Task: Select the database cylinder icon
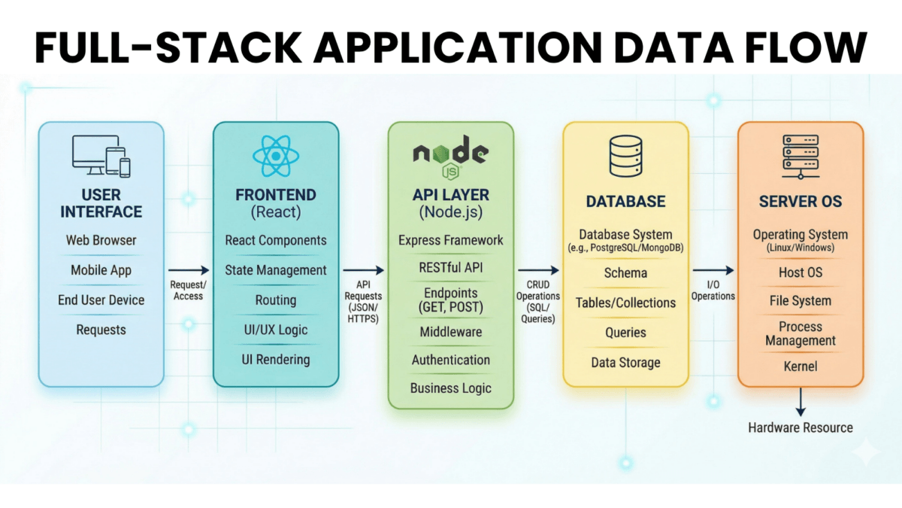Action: (x=625, y=157)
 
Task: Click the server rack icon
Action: (x=800, y=156)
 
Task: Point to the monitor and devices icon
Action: (x=101, y=157)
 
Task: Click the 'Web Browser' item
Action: (x=101, y=240)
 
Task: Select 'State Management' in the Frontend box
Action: (x=276, y=269)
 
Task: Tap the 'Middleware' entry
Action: (x=450, y=331)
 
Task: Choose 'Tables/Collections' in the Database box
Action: (x=625, y=303)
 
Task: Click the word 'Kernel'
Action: (x=800, y=367)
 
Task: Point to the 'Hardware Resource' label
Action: (x=800, y=427)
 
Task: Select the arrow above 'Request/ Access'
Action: (x=188, y=269)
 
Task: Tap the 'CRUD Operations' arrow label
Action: (x=538, y=302)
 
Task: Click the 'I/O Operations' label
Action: (x=713, y=291)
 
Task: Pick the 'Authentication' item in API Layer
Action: (x=450, y=360)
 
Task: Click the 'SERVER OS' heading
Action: (x=800, y=202)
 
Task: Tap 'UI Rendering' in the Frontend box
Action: (x=276, y=359)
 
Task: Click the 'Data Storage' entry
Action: (x=625, y=362)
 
